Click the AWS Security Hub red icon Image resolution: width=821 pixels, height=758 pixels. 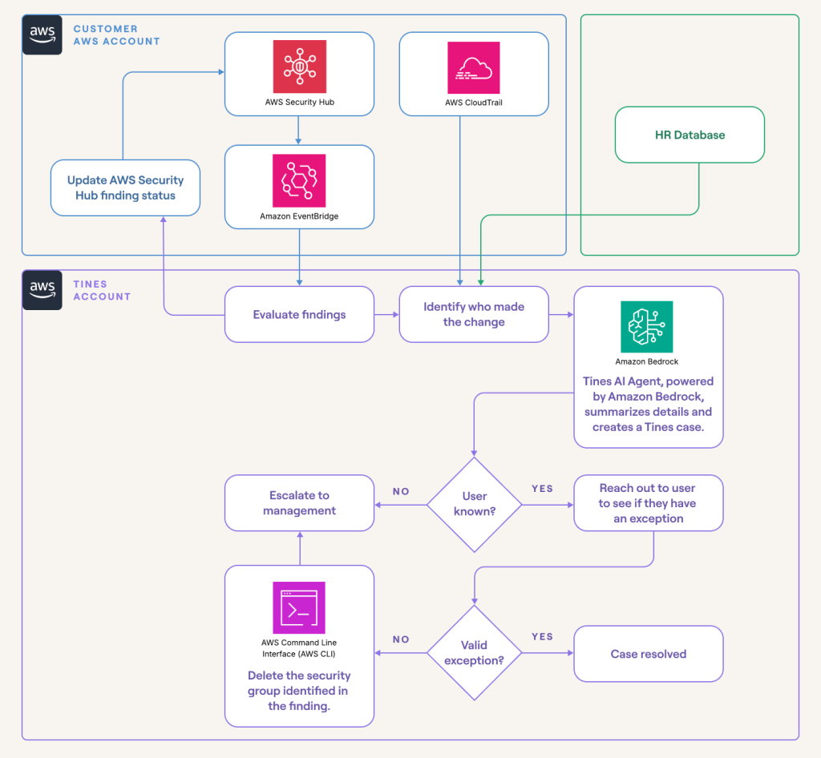(299, 67)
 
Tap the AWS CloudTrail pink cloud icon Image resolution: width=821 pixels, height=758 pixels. (473, 67)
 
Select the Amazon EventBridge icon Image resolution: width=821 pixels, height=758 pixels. (299, 180)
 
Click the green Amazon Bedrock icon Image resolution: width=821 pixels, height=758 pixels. (647, 327)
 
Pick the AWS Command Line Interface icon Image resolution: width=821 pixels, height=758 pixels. (299, 607)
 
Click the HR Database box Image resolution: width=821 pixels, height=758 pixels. (689, 135)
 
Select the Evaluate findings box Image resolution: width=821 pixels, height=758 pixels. (299, 314)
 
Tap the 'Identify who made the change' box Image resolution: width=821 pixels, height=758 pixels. (473, 314)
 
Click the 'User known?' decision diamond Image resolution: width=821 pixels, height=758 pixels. (474, 504)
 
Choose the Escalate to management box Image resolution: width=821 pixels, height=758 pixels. (299, 503)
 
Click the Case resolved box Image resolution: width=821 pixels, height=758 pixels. (648, 654)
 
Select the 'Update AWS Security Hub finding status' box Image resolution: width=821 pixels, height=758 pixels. (125, 187)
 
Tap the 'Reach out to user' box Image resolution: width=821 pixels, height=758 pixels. (648, 503)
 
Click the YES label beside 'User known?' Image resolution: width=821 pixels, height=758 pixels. (542, 488)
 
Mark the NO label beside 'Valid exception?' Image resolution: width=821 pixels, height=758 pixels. (401, 639)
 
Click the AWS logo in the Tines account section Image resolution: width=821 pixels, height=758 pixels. (42, 289)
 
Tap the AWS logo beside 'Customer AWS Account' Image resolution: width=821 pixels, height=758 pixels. (42, 34)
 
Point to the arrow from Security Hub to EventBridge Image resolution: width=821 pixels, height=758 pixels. (299, 130)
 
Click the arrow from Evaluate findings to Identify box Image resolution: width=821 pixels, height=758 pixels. (386, 315)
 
